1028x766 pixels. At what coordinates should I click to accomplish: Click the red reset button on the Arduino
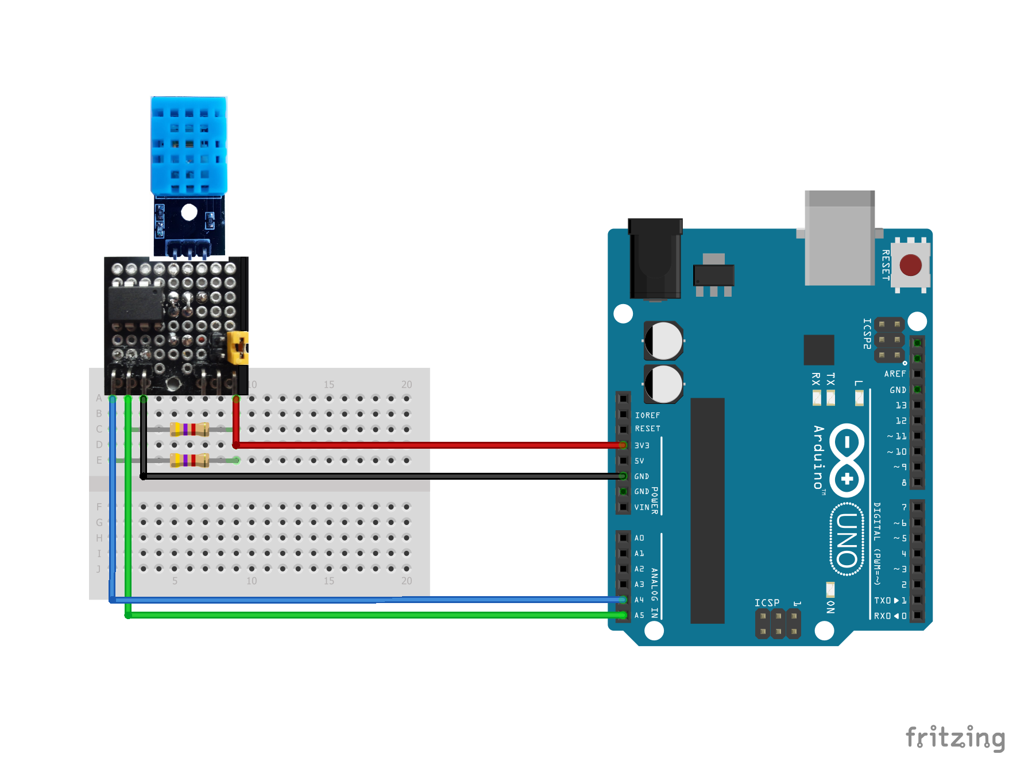(x=910, y=265)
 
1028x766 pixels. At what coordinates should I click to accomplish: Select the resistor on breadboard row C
(x=189, y=429)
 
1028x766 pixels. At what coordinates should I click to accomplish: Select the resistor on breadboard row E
(x=189, y=460)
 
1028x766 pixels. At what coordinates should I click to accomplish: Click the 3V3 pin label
(x=641, y=446)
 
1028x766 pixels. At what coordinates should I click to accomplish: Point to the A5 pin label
(x=639, y=616)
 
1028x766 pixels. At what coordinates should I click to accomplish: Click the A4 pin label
(x=639, y=600)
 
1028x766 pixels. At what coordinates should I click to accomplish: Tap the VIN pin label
(x=641, y=508)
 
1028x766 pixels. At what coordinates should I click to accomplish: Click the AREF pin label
(x=895, y=374)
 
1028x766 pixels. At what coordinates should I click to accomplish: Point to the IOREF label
(x=647, y=415)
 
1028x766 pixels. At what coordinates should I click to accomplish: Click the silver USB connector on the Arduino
(x=839, y=238)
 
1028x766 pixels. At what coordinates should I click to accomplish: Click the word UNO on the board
(x=847, y=539)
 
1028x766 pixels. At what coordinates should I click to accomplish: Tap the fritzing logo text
(x=954, y=738)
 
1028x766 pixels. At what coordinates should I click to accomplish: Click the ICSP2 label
(x=867, y=334)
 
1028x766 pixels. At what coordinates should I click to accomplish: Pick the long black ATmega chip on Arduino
(x=707, y=511)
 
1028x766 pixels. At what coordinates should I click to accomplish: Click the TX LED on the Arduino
(x=830, y=397)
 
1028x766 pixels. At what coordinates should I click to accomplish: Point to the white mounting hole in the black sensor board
(x=189, y=212)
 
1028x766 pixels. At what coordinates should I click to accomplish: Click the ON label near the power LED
(x=830, y=607)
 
